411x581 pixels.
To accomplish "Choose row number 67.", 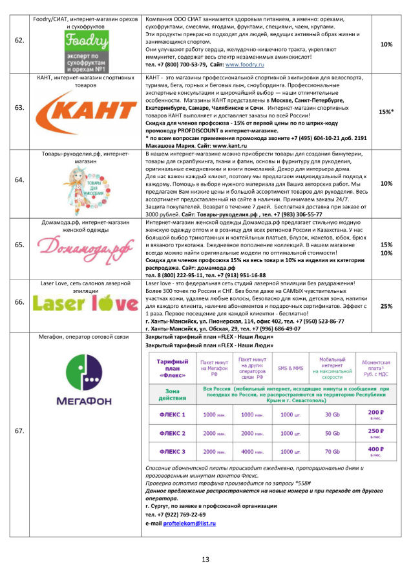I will click(20, 429).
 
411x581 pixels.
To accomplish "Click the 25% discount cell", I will click(386, 306).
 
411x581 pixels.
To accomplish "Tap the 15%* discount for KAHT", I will click(386, 112).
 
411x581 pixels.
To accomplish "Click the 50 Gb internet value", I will click(332, 433).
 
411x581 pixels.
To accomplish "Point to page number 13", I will click(205, 559).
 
